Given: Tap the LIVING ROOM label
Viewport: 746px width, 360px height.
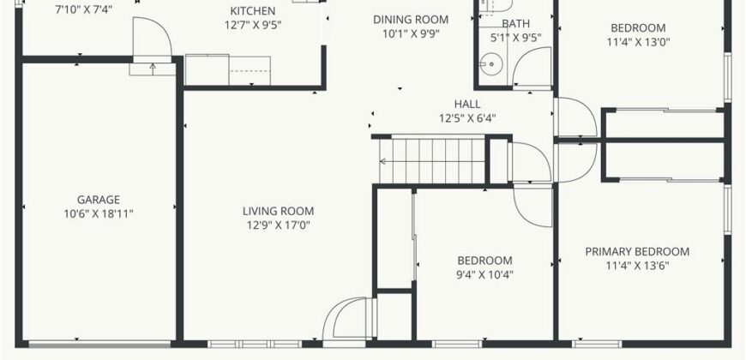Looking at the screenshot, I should click(278, 211).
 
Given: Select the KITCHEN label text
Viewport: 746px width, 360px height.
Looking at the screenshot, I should click(252, 11).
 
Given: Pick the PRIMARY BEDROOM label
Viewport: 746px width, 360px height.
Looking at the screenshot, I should click(637, 251).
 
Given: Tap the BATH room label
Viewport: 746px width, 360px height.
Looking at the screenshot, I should click(516, 24).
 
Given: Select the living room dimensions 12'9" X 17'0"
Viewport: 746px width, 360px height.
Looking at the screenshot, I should click(278, 225).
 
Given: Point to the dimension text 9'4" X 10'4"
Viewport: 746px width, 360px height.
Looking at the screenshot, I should click(484, 275).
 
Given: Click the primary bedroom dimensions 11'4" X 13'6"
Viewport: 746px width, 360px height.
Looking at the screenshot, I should click(637, 266).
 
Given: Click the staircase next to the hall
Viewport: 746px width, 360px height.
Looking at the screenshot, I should click(432, 159).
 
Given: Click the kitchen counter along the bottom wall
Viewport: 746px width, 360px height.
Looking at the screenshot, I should click(227, 69).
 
